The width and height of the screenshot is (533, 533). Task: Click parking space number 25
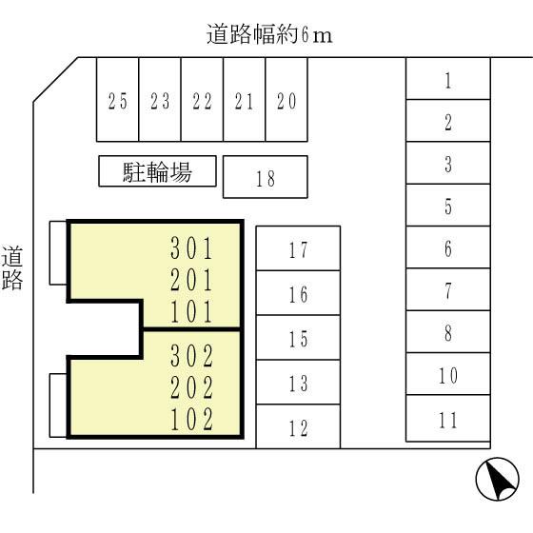118,99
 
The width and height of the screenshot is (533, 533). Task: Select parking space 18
266,177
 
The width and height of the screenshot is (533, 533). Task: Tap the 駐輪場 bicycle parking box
157,171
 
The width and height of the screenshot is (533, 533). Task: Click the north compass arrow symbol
497,479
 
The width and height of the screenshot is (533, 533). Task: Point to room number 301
191,248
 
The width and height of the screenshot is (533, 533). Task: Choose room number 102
191,420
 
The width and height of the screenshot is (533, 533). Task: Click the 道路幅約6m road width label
269,34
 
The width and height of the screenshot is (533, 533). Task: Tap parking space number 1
448,78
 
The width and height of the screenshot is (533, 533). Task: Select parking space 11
448,418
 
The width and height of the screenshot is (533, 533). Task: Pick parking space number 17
298,248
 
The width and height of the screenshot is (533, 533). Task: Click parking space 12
298,426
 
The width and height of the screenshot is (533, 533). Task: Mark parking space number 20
286,99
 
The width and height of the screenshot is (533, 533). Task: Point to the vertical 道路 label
12,267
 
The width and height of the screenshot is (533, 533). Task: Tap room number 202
191,387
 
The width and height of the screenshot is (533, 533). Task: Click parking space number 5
448,205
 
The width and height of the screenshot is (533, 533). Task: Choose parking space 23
160,99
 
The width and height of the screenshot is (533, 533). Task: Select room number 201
191,280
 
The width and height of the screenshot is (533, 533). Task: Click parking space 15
298,338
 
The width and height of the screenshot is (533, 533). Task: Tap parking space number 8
448,331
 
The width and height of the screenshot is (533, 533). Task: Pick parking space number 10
448,374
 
